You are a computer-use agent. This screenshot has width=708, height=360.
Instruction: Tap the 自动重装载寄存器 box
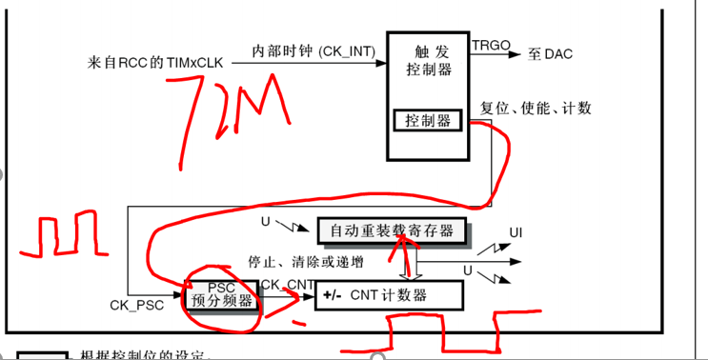pyautogui.click(x=392, y=230)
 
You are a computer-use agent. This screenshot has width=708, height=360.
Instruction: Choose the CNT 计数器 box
pyautogui.click(x=391, y=295)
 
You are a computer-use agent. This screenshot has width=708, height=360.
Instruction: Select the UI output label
pyautogui.click(x=516, y=231)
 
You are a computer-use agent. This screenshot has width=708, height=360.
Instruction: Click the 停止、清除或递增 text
pyautogui.click(x=304, y=260)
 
